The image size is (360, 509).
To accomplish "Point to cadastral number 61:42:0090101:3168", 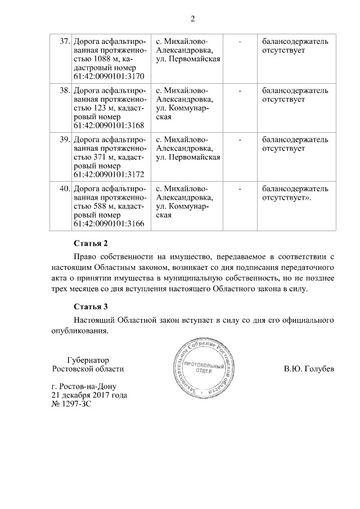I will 109,126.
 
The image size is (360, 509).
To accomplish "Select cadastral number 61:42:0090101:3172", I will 109,175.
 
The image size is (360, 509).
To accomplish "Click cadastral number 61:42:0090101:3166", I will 109,224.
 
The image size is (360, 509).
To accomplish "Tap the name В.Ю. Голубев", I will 309,369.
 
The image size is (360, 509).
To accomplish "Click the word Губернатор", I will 87,360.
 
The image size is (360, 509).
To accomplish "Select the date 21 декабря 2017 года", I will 89,395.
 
